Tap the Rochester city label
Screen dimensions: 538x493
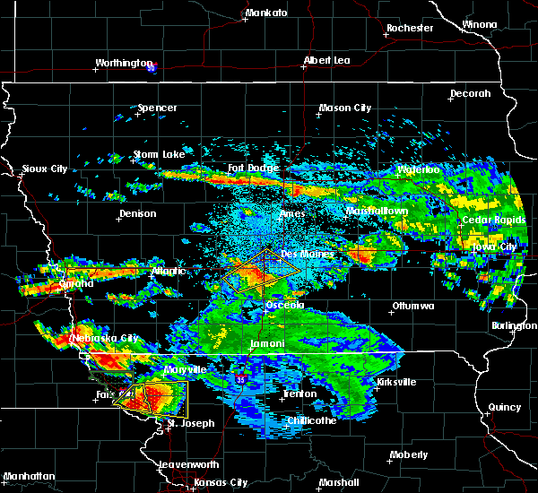point(410,29)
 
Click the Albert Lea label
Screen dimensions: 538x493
point(328,61)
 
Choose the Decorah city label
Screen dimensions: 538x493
point(471,93)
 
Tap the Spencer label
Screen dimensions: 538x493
point(157,108)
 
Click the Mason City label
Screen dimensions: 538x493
point(345,108)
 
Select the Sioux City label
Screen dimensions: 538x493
point(45,169)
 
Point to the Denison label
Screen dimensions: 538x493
point(137,214)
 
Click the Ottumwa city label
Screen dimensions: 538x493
point(412,307)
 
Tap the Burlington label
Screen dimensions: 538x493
point(514,326)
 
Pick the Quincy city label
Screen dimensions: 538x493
point(504,408)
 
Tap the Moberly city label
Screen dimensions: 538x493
point(409,455)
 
